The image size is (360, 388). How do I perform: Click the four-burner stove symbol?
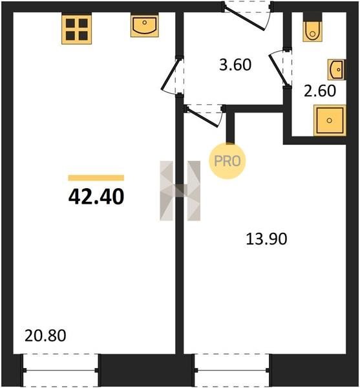click(x=77, y=29)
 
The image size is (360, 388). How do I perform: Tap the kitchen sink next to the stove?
click(x=145, y=27)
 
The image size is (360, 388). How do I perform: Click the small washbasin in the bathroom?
click(x=337, y=70)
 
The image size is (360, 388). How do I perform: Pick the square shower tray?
click(x=330, y=120)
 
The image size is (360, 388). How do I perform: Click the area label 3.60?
click(x=235, y=65)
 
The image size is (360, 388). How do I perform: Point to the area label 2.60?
click(x=320, y=91)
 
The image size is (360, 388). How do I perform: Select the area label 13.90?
click(x=266, y=239)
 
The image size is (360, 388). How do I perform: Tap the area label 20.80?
click(x=45, y=336)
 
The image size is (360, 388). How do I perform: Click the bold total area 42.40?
click(x=96, y=197)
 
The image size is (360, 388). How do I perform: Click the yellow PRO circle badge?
click(x=228, y=161)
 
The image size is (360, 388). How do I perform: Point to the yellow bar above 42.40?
click(x=96, y=178)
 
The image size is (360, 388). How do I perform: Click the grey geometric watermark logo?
click(x=180, y=191)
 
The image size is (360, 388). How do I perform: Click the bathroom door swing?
click(x=279, y=67)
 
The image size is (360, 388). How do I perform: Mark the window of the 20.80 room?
click(x=60, y=370)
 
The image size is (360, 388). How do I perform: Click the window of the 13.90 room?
click(x=231, y=370)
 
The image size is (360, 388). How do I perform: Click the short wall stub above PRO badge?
click(x=230, y=127)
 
